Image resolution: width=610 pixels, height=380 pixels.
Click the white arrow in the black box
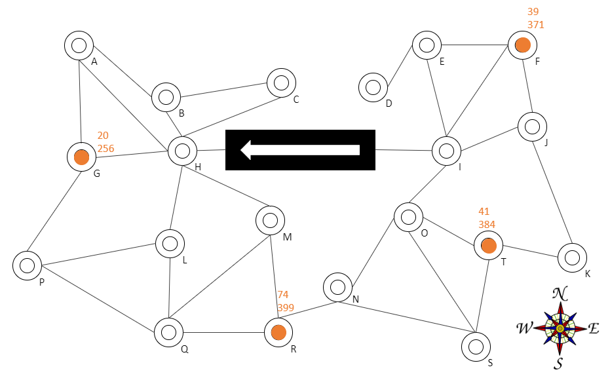pyautogui.click(x=300, y=150)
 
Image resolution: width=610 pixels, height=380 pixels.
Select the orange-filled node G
pyautogui.click(x=81, y=157)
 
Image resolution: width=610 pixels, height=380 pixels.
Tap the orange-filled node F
pyautogui.click(x=522, y=45)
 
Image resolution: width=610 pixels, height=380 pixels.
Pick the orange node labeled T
pyautogui.click(x=489, y=246)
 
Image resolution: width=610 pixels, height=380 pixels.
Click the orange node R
pyautogui.click(x=278, y=333)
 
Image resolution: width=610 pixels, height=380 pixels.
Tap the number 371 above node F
pyautogui.click(x=536, y=24)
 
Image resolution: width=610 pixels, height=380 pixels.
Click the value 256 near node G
pyautogui.click(x=106, y=149)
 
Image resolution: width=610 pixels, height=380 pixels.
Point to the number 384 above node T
pyautogui.click(x=487, y=225)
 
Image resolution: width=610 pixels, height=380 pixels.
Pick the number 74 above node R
pyautogui.click(x=283, y=294)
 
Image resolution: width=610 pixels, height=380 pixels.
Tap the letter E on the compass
pyautogui.click(x=593, y=329)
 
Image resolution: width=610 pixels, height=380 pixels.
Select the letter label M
pyautogui.click(x=287, y=237)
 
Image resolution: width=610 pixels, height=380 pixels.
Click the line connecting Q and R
pyautogui.click(x=223, y=333)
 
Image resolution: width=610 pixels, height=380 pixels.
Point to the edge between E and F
pyautogui.click(x=474, y=45)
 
